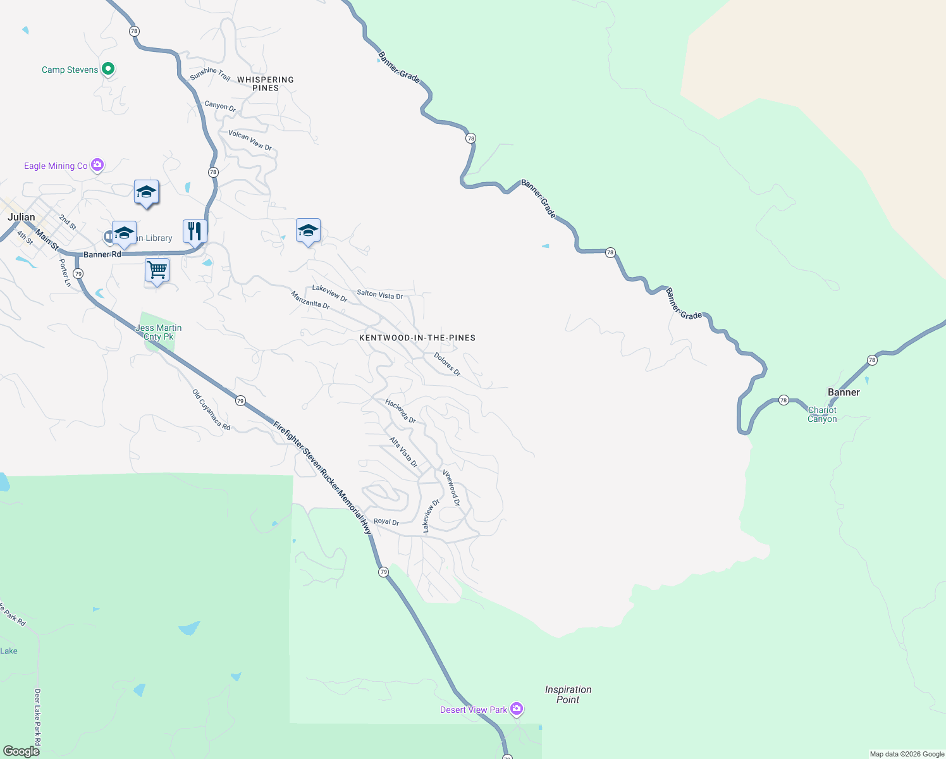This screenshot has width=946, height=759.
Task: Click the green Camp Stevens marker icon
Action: pos(108,68)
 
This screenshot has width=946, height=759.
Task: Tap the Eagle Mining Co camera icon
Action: pos(97,165)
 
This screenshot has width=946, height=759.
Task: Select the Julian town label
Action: pos(21,217)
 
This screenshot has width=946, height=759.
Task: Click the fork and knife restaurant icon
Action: pos(195,231)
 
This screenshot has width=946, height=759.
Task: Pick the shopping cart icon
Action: pos(157,270)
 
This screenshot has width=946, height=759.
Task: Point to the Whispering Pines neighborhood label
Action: pos(266,83)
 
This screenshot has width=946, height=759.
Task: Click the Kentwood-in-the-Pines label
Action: pos(417,338)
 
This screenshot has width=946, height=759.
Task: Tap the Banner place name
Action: pos(844,392)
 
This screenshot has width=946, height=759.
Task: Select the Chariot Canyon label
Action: pos(822,414)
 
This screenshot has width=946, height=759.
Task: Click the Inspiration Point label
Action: pos(568,694)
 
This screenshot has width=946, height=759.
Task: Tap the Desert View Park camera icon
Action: pos(517,709)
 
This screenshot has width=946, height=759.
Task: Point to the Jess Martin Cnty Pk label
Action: pos(159,332)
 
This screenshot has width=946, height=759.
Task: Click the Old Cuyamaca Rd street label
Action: pos(211,410)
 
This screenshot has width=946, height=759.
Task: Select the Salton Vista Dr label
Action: pos(379,294)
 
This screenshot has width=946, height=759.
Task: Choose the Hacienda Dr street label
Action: pos(400,411)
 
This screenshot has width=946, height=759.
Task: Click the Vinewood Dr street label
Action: pos(451,488)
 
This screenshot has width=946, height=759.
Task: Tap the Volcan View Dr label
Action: pos(250,140)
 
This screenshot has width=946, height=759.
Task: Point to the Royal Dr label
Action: pos(386,522)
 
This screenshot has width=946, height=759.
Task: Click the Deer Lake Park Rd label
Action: pos(38,717)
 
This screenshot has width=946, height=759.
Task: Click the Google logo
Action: pos(21,751)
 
